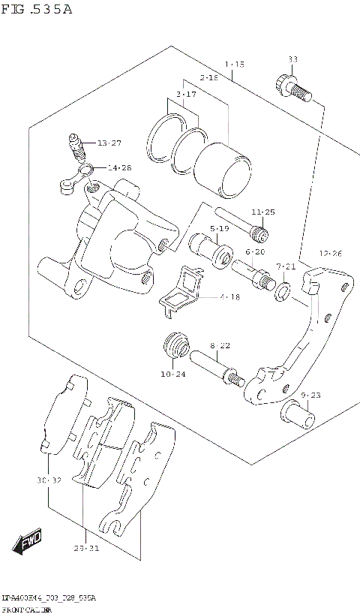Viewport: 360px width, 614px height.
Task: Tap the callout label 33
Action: tap(292, 59)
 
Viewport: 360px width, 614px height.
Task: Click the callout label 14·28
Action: tap(118, 168)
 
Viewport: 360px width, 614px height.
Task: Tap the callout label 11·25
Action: tap(262, 212)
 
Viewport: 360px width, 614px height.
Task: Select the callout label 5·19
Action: tap(219, 229)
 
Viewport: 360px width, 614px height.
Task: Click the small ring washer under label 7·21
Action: tap(283, 292)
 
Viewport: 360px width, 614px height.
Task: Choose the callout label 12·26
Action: tap(330, 254)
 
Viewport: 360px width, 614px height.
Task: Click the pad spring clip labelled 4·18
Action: tap(183, 292)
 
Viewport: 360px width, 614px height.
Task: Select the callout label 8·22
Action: tap(219, 346)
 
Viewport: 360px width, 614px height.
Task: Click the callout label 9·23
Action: tap(310, 396)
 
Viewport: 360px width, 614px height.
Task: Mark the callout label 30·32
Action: tap(47, 480)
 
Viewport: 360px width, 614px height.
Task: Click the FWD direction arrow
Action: tap(28, 541)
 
